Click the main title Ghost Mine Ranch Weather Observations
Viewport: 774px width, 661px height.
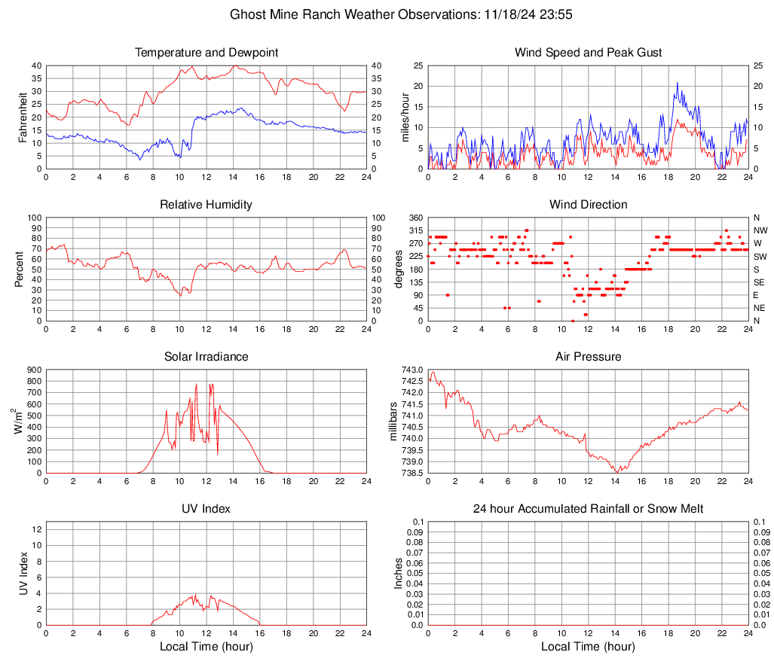(386, 14)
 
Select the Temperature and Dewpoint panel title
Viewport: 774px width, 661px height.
(207, 53)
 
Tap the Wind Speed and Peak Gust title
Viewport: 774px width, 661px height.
(588, 53)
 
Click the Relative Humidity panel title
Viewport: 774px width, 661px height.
(207, 205)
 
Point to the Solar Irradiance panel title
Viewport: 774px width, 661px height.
(207, 357)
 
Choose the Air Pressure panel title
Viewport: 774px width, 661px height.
(588, 357)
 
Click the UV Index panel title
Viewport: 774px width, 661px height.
(207, 509)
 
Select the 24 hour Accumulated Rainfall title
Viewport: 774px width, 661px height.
(588, 509)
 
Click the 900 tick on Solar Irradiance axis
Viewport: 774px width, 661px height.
(34, 370)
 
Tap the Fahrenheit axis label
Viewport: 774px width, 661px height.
(23, 117)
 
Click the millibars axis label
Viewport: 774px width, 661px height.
(394, 421)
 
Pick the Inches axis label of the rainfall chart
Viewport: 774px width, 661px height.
(399, 573)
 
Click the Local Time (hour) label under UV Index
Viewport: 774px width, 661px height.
(207, 647)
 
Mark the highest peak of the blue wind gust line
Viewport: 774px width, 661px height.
(678, 83)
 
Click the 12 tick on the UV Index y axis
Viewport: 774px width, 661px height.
(36, 529)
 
